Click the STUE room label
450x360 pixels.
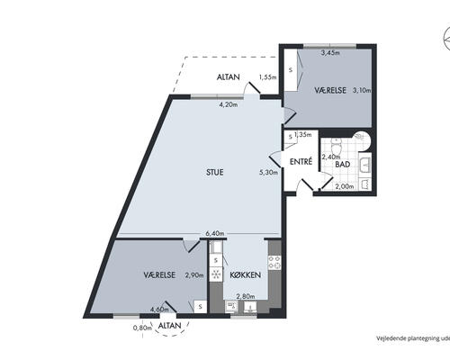(215, 172)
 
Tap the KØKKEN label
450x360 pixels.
(245, 275)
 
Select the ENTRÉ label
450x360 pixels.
(301, 161)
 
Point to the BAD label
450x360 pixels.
(343, 165)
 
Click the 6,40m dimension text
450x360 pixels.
(215, 234)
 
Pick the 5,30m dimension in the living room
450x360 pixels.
(268, 172)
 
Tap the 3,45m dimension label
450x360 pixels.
(330, 53)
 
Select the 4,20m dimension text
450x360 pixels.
(229, 104)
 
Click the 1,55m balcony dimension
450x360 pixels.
(267, 77)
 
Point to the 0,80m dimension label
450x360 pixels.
(142, 328)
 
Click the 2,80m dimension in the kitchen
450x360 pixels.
(246, 296)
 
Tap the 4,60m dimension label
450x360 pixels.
(159, 309)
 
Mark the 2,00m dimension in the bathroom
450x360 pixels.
(345, 186)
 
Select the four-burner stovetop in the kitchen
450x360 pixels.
(274, 263)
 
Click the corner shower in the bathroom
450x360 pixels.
(362, 140)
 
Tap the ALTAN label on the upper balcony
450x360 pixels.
(229, 77)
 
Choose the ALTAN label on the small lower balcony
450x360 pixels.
(170, 326)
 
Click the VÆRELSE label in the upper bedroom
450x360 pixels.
(330, 90)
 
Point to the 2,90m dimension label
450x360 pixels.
(194, 275)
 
